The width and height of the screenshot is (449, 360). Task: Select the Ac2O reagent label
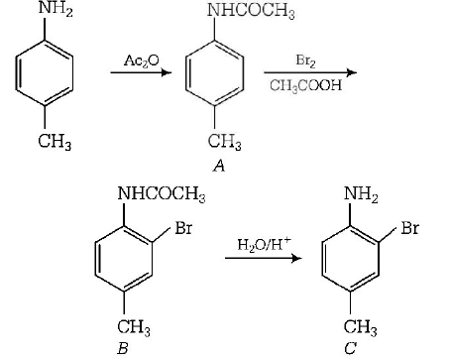[141, 60]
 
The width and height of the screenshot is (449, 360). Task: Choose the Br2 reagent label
[304, 59]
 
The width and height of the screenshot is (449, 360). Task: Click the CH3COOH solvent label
[305, 85]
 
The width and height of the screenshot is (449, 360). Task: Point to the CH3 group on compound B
[134, 327]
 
